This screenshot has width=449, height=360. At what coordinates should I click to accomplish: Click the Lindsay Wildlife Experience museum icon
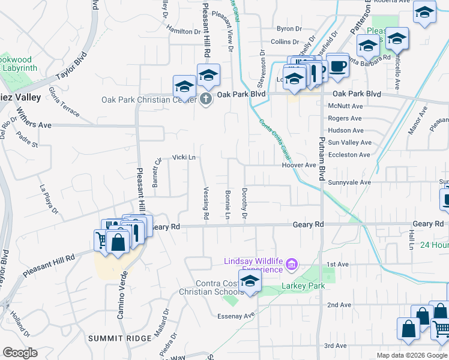point(292,264)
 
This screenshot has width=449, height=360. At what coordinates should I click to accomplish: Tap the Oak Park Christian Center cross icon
point(206,98)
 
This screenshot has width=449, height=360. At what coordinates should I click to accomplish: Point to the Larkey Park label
point(303,286)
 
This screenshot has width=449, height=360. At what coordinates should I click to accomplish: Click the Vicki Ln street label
point(184,157)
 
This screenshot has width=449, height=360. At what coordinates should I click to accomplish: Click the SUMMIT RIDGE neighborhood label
point(114,338)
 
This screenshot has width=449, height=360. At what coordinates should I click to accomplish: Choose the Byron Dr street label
point(289,28)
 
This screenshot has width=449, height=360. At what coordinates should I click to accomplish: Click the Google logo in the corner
point(20,352)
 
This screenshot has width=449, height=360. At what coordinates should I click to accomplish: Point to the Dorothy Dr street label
point(244,203)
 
